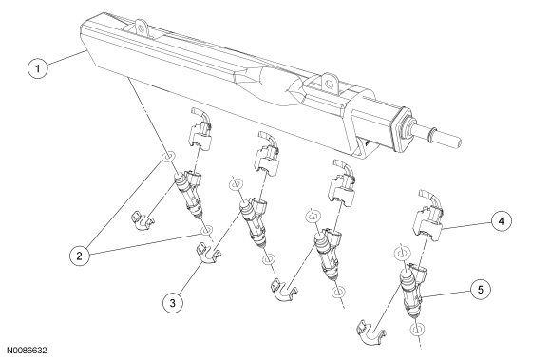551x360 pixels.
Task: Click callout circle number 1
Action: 38,68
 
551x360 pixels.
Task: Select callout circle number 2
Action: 79,256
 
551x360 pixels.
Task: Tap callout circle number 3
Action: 173,303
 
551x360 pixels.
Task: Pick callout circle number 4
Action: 501,221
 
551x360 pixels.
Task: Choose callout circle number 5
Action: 481,290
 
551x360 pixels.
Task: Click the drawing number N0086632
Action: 27,351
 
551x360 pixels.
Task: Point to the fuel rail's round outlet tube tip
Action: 458,142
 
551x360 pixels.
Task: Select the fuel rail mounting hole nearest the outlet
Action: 329,84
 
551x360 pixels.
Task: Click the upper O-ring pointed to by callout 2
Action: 169,157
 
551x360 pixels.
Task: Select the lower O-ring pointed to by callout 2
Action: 206,231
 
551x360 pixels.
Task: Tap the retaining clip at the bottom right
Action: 371,331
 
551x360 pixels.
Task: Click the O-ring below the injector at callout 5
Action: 417,330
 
